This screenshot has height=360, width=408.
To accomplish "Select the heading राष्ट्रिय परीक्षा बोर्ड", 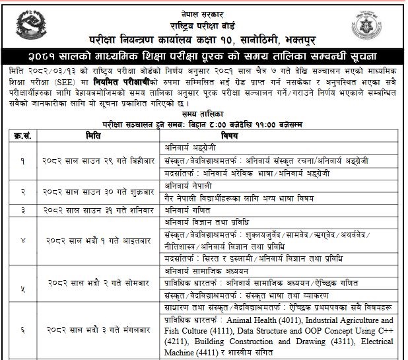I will pos(204,16).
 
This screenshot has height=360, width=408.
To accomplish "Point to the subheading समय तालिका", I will pos(204,114).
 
